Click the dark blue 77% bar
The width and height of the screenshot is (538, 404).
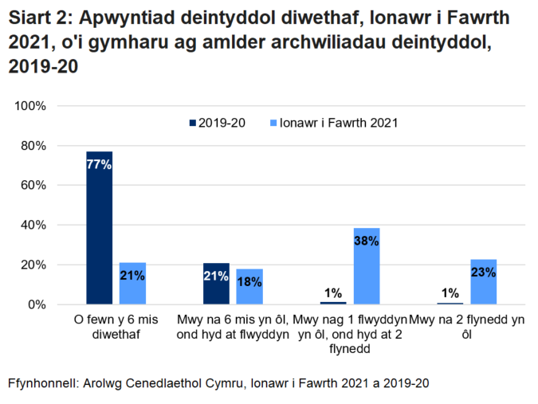[x=100, y=227]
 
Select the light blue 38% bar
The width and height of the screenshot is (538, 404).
[x=367, y=266]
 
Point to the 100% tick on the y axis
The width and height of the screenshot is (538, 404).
[x=31, y=106]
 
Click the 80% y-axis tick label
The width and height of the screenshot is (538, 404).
[x=34, y=146]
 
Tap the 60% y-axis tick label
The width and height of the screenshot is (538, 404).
[x=34, y=186]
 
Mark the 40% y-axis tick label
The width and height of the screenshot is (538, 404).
[x=34, y=226]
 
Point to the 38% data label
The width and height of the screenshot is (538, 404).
[x=367, y=241]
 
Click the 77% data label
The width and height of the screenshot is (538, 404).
[x=100, y=165]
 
